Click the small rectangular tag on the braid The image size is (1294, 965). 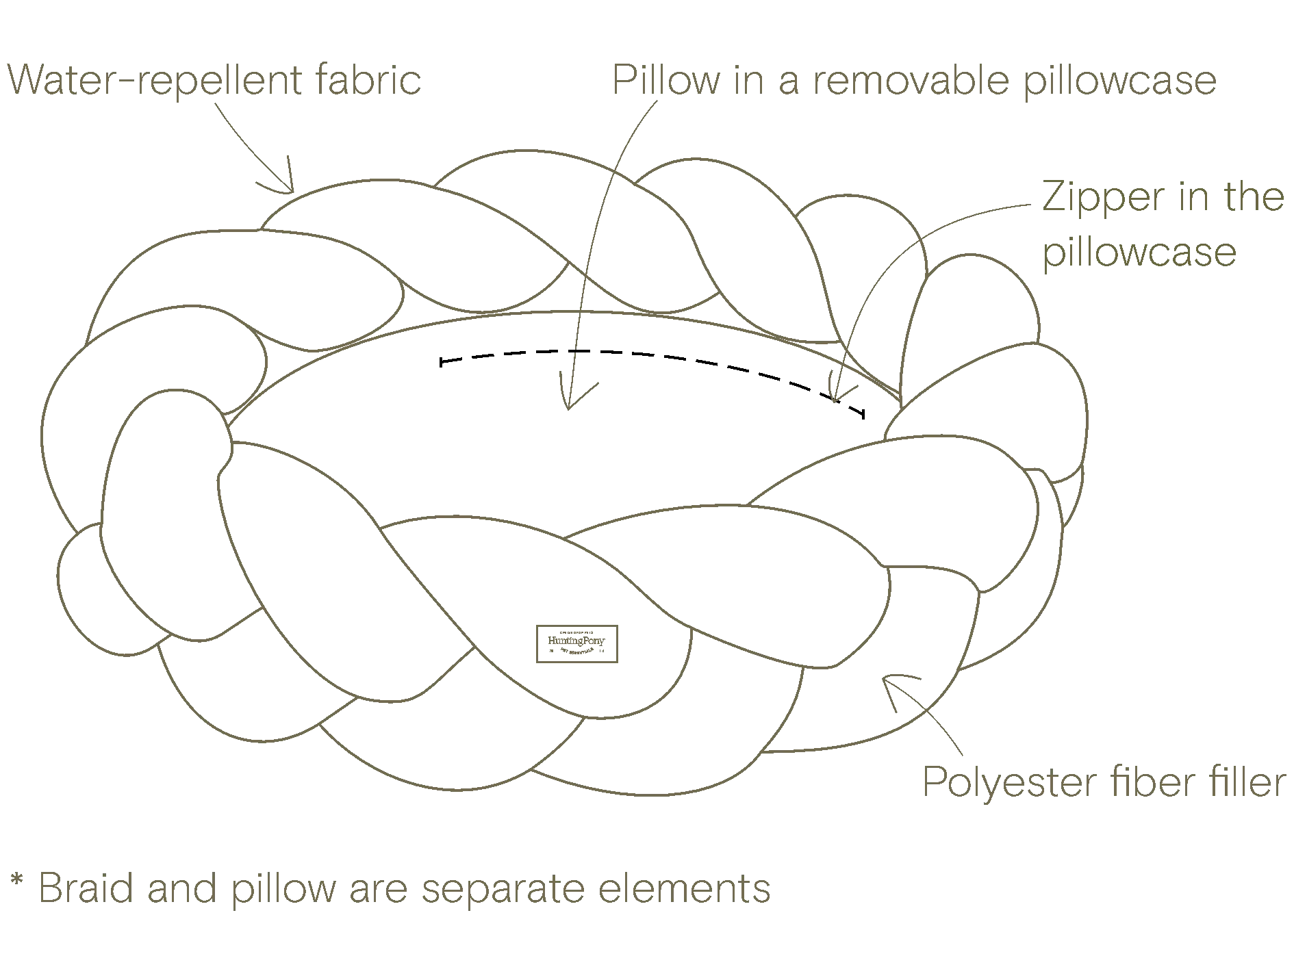point(575,645)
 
